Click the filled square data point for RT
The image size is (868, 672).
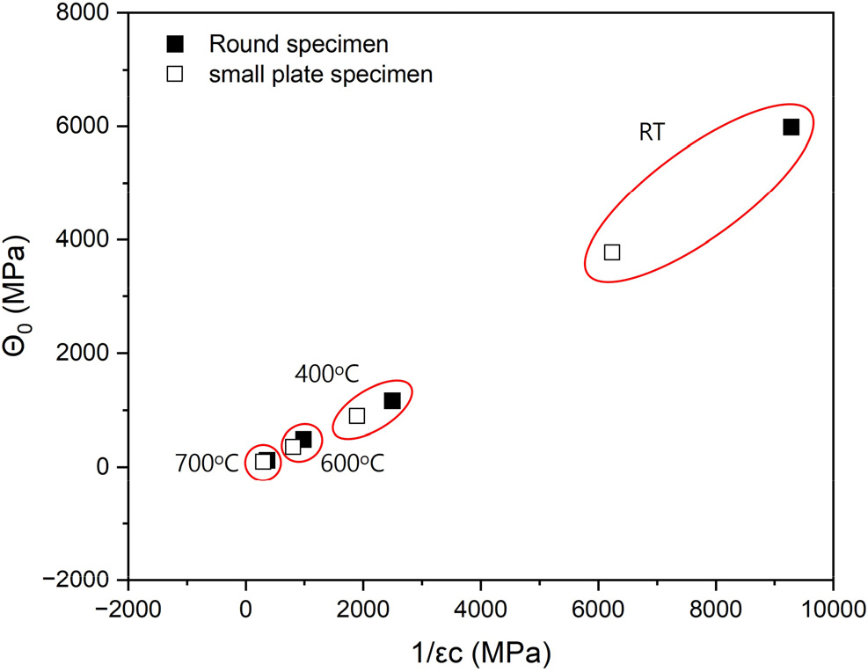[x=791, y=128]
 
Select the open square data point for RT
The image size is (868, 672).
[x=612, y=252]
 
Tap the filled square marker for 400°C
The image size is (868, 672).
[x=392, y=401]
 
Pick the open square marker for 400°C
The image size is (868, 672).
[x=357, y=416]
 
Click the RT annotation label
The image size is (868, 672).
[x=652, y=133]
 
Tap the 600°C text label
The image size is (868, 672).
[x=352, y=464]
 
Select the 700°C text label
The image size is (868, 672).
[x=206, y=464]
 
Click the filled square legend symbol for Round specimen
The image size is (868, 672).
[x=175, y=43]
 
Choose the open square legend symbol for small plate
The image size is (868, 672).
[x=175, y=75]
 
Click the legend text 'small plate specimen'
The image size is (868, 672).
[x=320, y=75]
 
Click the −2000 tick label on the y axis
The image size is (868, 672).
[x=80, y=581]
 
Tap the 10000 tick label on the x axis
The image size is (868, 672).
[x=832, y=608]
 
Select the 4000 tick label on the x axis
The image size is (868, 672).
[x=480, y=608]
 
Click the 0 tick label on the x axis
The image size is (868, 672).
[x=245, y=608]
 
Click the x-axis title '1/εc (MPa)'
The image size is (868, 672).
[x=480, y=652]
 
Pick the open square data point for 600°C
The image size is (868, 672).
[x=293, y=447]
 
